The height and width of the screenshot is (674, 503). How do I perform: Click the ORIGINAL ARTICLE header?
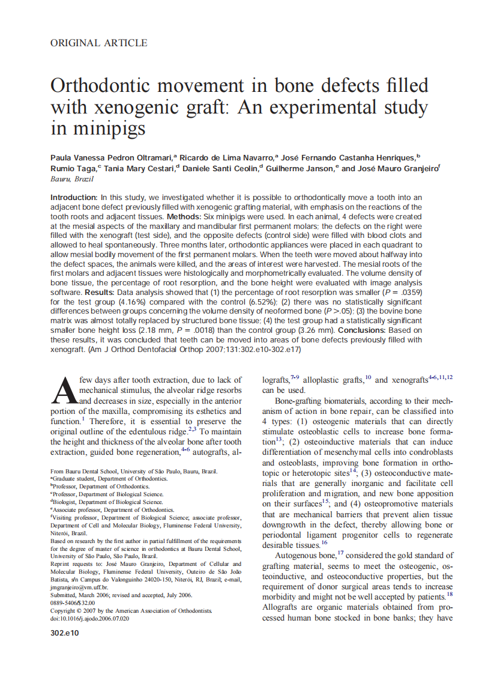tap(98, 43)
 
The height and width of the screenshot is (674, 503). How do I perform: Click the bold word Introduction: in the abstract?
tap(74, 197)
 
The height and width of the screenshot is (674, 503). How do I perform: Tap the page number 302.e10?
tap(64, 633)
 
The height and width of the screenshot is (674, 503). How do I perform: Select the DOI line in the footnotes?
tap(89, 619)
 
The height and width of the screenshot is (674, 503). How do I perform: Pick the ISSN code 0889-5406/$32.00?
tap(73, 603)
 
